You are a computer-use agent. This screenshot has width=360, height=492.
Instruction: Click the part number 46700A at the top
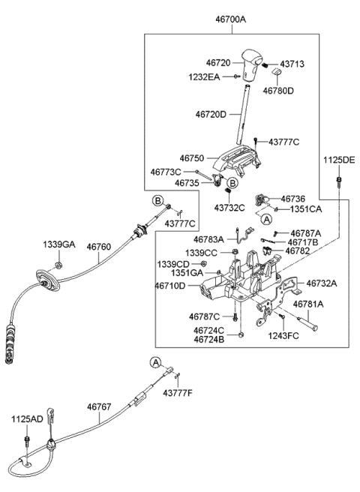pos(231,19)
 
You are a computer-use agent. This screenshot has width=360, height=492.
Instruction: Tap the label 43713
pos(292,64)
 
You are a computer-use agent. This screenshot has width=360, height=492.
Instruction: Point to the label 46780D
pos(278,91)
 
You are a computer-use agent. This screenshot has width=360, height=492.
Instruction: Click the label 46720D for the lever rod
pos(211,114)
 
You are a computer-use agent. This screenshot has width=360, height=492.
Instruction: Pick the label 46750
pos(192,157)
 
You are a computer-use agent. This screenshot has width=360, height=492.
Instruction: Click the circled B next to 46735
pos(232,182)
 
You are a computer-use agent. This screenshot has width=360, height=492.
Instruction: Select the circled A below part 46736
pos(267,220)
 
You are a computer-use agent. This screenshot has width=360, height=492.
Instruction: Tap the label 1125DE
pos(339,160)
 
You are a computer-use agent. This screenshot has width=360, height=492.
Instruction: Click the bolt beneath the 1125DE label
pos(339,181)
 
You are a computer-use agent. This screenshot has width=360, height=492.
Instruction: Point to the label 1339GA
pos(59,244)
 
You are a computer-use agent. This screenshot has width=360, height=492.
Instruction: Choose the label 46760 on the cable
pos(99,247)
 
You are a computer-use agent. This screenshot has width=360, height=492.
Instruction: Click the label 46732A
pos(322,283)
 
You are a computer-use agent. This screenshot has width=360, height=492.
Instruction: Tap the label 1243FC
pos(283,336)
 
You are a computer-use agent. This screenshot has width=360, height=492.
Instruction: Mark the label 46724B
pos(209,339)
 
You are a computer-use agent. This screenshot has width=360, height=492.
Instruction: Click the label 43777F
pos(177,392)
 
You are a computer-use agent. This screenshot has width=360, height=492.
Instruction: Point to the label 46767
pos(99,406)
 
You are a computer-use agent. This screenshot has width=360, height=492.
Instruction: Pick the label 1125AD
pos(27,419)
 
